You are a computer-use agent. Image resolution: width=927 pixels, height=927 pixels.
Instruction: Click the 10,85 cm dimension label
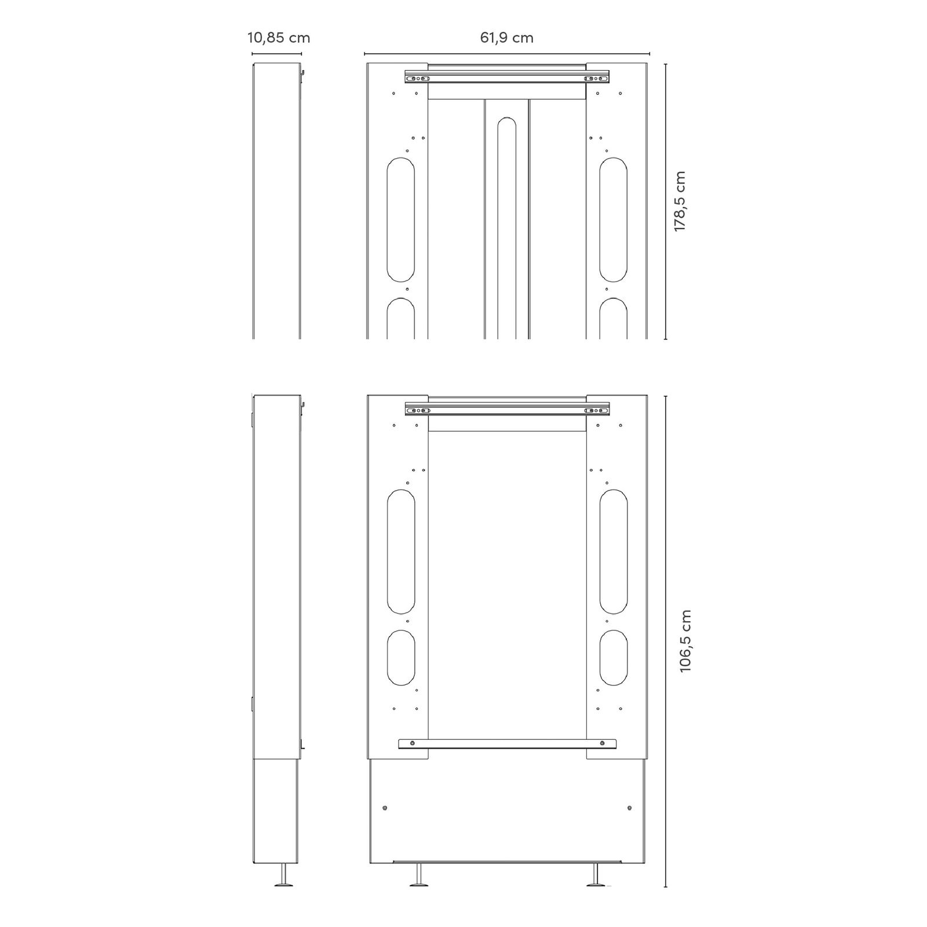point(279,38)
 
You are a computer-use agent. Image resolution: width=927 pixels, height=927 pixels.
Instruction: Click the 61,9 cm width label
point(507,38)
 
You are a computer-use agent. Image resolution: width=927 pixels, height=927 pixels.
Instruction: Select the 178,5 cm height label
point(680,202)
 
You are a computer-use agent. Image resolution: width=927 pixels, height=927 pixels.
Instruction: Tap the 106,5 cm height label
point(686,641)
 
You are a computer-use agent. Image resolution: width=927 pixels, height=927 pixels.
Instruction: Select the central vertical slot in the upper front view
point(507,226)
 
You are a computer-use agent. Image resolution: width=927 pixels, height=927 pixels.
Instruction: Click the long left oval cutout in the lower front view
point(401,552)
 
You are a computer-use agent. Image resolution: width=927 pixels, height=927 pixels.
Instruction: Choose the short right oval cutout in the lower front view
point(614,658)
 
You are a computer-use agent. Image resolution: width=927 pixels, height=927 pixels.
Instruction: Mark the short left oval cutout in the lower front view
point(401,658)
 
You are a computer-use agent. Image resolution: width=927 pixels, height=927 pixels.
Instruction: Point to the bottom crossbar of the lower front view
point(507,744)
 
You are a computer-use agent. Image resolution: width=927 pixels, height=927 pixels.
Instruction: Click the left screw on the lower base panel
point(385,808)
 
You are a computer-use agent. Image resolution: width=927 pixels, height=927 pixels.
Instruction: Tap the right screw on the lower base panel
point(630,808)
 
